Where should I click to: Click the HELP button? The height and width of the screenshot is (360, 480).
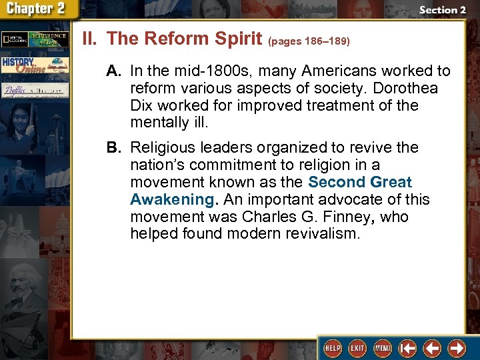(331, 348)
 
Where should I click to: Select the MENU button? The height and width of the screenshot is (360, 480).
(383, 348)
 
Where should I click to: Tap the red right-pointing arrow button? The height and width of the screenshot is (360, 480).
(457, 348)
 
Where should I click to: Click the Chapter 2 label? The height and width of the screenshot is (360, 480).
(37, 9)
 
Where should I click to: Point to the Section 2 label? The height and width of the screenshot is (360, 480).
(442, 10)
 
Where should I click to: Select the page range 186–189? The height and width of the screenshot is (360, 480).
(309, 41)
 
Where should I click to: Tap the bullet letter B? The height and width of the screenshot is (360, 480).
(115, 147)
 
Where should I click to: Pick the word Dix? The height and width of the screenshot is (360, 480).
(141, 105)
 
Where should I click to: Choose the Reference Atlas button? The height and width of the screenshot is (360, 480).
(50, 39)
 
